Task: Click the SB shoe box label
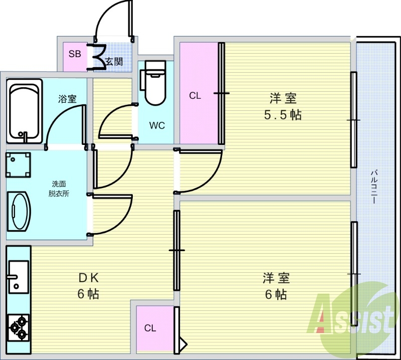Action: pyautogui.click(x=75, y=54)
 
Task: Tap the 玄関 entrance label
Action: pyautogui.click(x=114, y=62)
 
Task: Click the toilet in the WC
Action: pyautogui.click(x=153, y=83)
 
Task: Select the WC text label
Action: pyautogui.click(x=157, y=125)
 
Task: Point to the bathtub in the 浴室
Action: pyautogui.click(x=25, y=111)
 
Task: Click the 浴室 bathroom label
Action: pyautogui.click(x=67, y=99)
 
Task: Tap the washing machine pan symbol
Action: pyautogui.click(x=18, y=165)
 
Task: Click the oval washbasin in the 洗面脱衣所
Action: pyautogui.click(x=19, y=212)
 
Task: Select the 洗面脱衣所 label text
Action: pyautogui.click(x=59, y=189)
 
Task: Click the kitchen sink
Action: pyautogui.click(x=18, y=277)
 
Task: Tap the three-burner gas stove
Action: pyautogui.click(x=18, y=328)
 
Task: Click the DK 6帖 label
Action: pyautogui.click(x=89, y=286)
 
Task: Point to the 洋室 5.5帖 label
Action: pyautogui.click(x=283, y=106)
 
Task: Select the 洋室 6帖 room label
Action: pyautogui.click(x=276, y=286)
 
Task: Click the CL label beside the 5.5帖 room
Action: pyautogui.click(x=195, y=96)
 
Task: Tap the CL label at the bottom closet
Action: pyautogui.click(x=150, y=328)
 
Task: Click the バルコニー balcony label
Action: pyautogui.click(x=374, y=187)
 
